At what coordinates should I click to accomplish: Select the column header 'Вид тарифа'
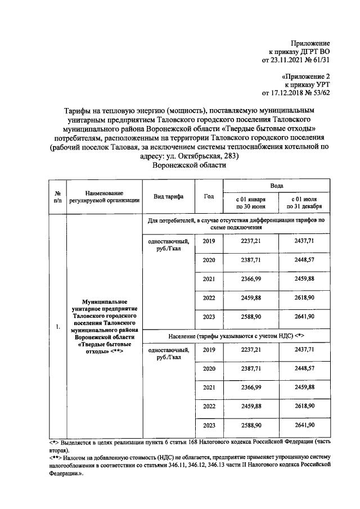(169, 196)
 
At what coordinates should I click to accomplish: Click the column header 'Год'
(209, 196)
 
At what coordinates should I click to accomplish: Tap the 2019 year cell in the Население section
(209, 350)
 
